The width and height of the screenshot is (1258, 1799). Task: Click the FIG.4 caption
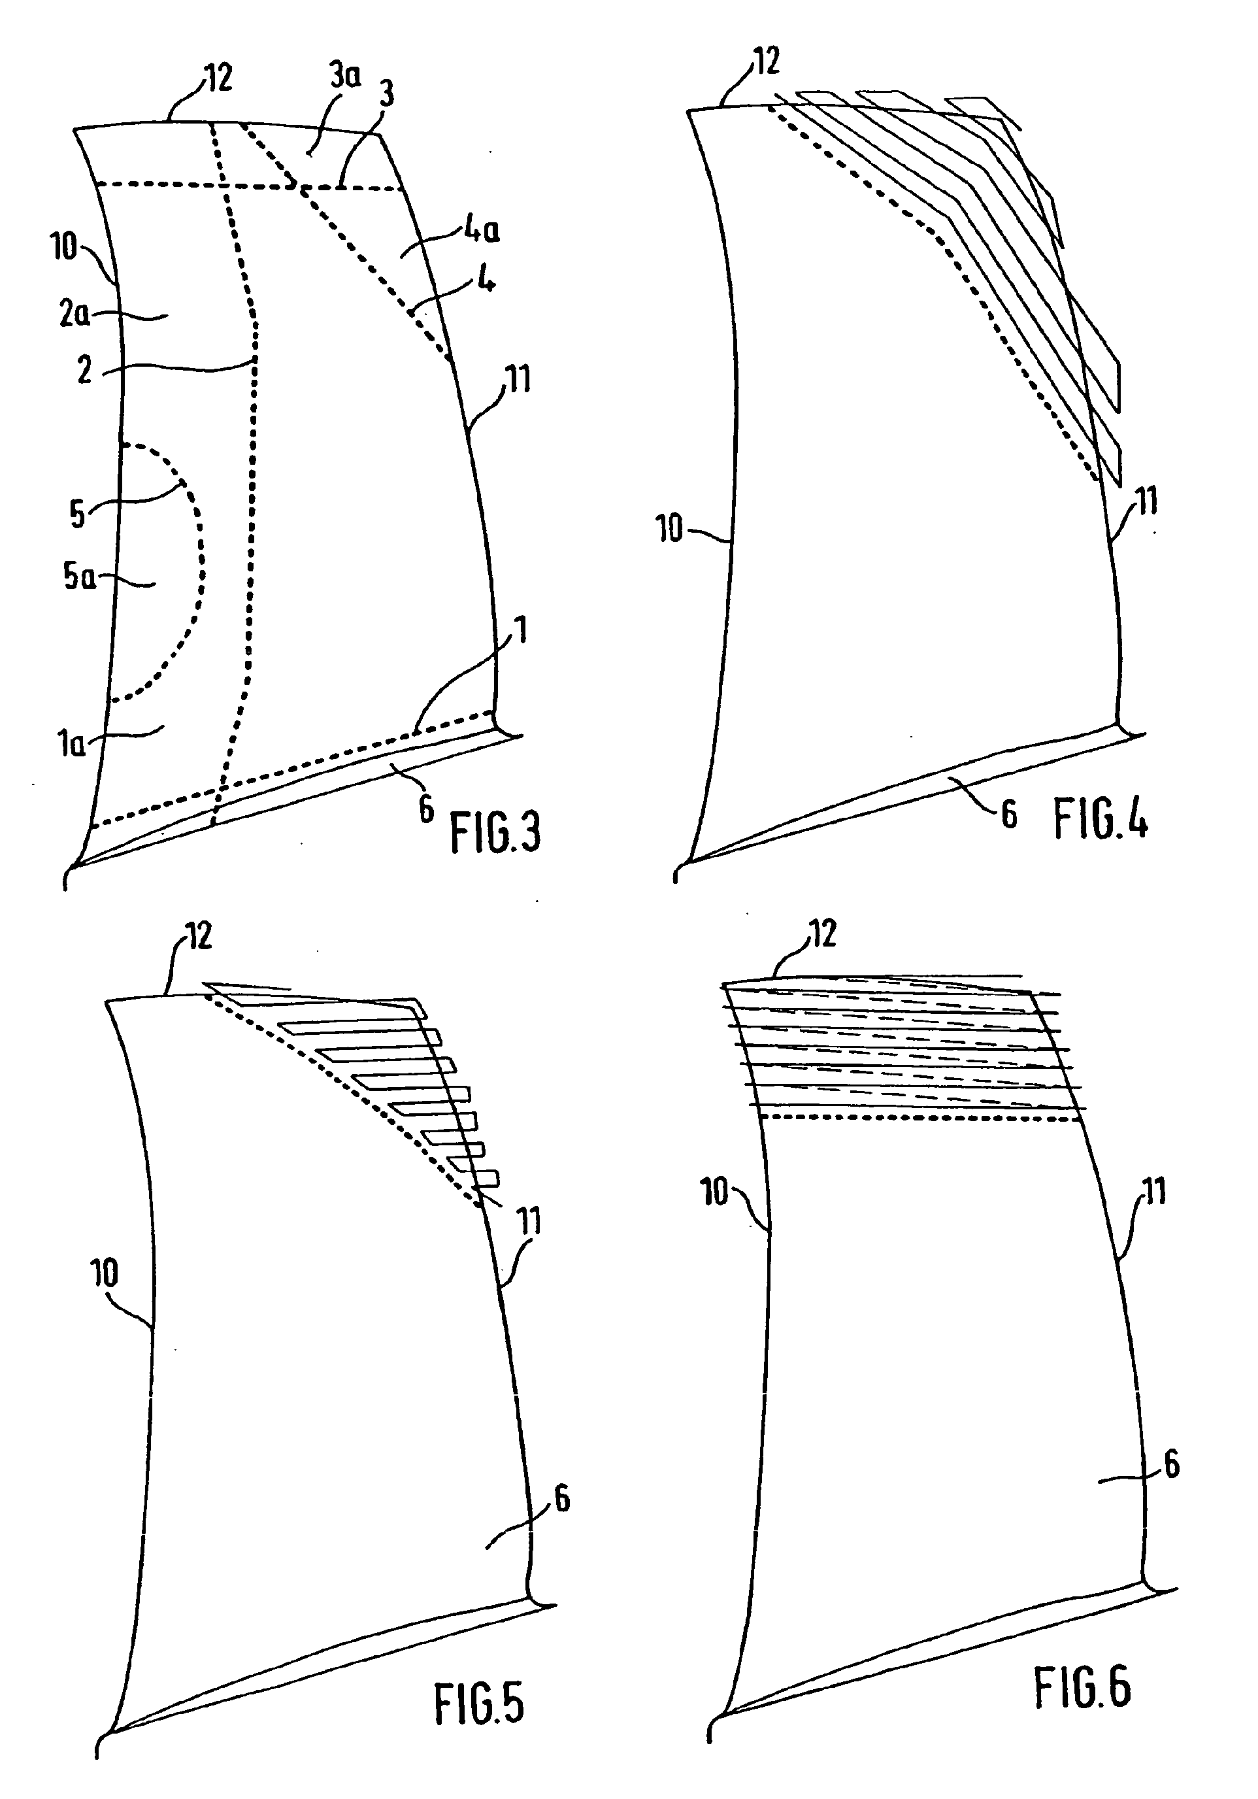(x=1101, y=819)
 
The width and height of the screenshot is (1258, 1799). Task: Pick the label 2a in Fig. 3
(x=74, y=314)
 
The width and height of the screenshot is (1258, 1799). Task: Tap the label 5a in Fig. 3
(x=79, y=577)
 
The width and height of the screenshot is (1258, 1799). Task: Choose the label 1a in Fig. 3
(x=72, y=743)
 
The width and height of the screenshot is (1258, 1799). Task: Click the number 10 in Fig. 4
(x=670, y=529)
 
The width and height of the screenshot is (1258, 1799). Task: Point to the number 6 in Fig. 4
(x=1009, y=816)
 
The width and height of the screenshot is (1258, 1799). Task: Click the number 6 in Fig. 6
(x=1172, y=1464)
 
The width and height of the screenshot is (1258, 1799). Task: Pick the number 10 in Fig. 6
(x=715, y=1192)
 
